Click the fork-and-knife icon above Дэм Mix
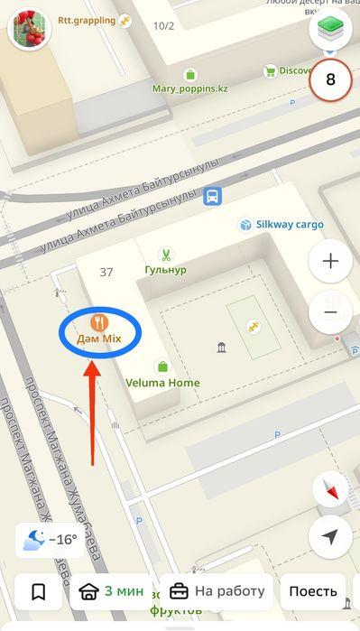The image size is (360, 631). tap(100, 320)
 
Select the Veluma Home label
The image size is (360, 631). tap(162, 383)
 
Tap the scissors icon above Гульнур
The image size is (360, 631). tap(165, 255)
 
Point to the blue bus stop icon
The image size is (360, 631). tap(213, 196)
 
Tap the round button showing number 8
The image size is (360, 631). tap(330, 79)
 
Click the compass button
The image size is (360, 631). tap(330, 489)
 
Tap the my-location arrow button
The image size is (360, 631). tap(330, 536)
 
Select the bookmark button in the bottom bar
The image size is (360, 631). tap(39, 592)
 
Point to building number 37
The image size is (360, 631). tap(106, 272)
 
